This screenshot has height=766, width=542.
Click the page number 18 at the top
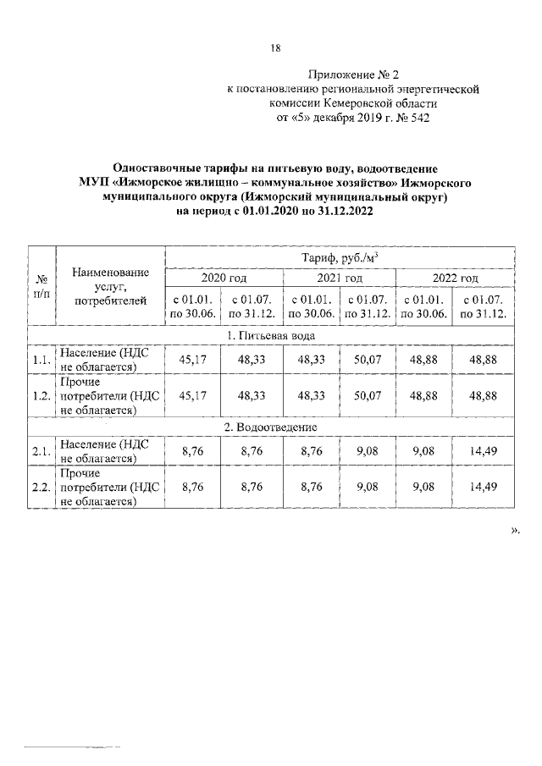[275, 47]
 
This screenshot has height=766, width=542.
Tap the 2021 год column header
[340, 278]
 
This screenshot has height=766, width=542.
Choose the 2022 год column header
[456, 278]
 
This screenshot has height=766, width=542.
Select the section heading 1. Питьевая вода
[270, 335]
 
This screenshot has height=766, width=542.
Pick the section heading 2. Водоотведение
[270, 427]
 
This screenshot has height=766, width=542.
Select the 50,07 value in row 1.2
[368, 395]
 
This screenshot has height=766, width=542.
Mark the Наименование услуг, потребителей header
[110, 285]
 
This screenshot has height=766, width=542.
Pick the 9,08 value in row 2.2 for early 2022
[427, 488]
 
